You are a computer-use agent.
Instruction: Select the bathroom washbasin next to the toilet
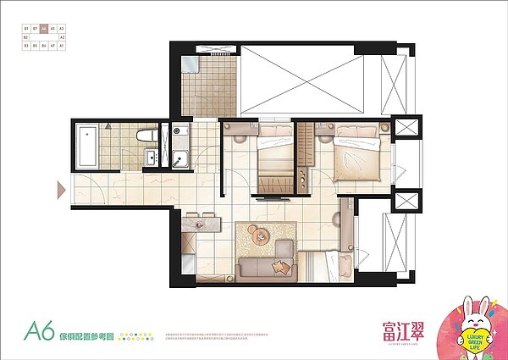150,157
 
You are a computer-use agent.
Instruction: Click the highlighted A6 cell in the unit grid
44,29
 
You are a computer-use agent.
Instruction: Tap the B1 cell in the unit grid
26,29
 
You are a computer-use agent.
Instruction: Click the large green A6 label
40,330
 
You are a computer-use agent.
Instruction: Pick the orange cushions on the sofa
277,268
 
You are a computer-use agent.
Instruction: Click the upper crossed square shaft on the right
406,129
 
